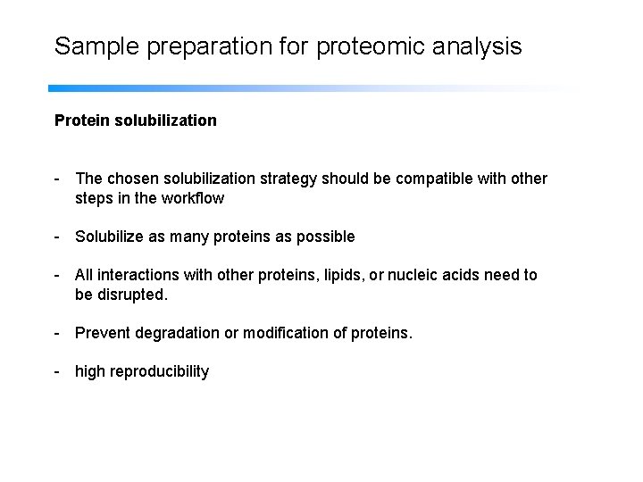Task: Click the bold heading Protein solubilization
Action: coord(135,120)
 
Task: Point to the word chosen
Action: coord(133,179)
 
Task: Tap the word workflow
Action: coord(193,198)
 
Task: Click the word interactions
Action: coord(140,275)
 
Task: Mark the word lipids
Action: coord(339,275)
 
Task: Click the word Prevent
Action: coord(104,333)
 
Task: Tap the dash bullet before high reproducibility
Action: coord(57,371)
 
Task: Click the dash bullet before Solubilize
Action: coord(57,237)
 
